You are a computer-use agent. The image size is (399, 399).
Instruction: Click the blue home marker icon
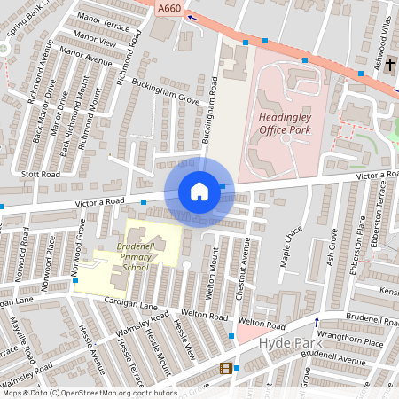point(199,192)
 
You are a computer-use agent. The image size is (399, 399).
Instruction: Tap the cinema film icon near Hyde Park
point(226,368)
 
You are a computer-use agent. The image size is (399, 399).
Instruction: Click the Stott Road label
point(41,175)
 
